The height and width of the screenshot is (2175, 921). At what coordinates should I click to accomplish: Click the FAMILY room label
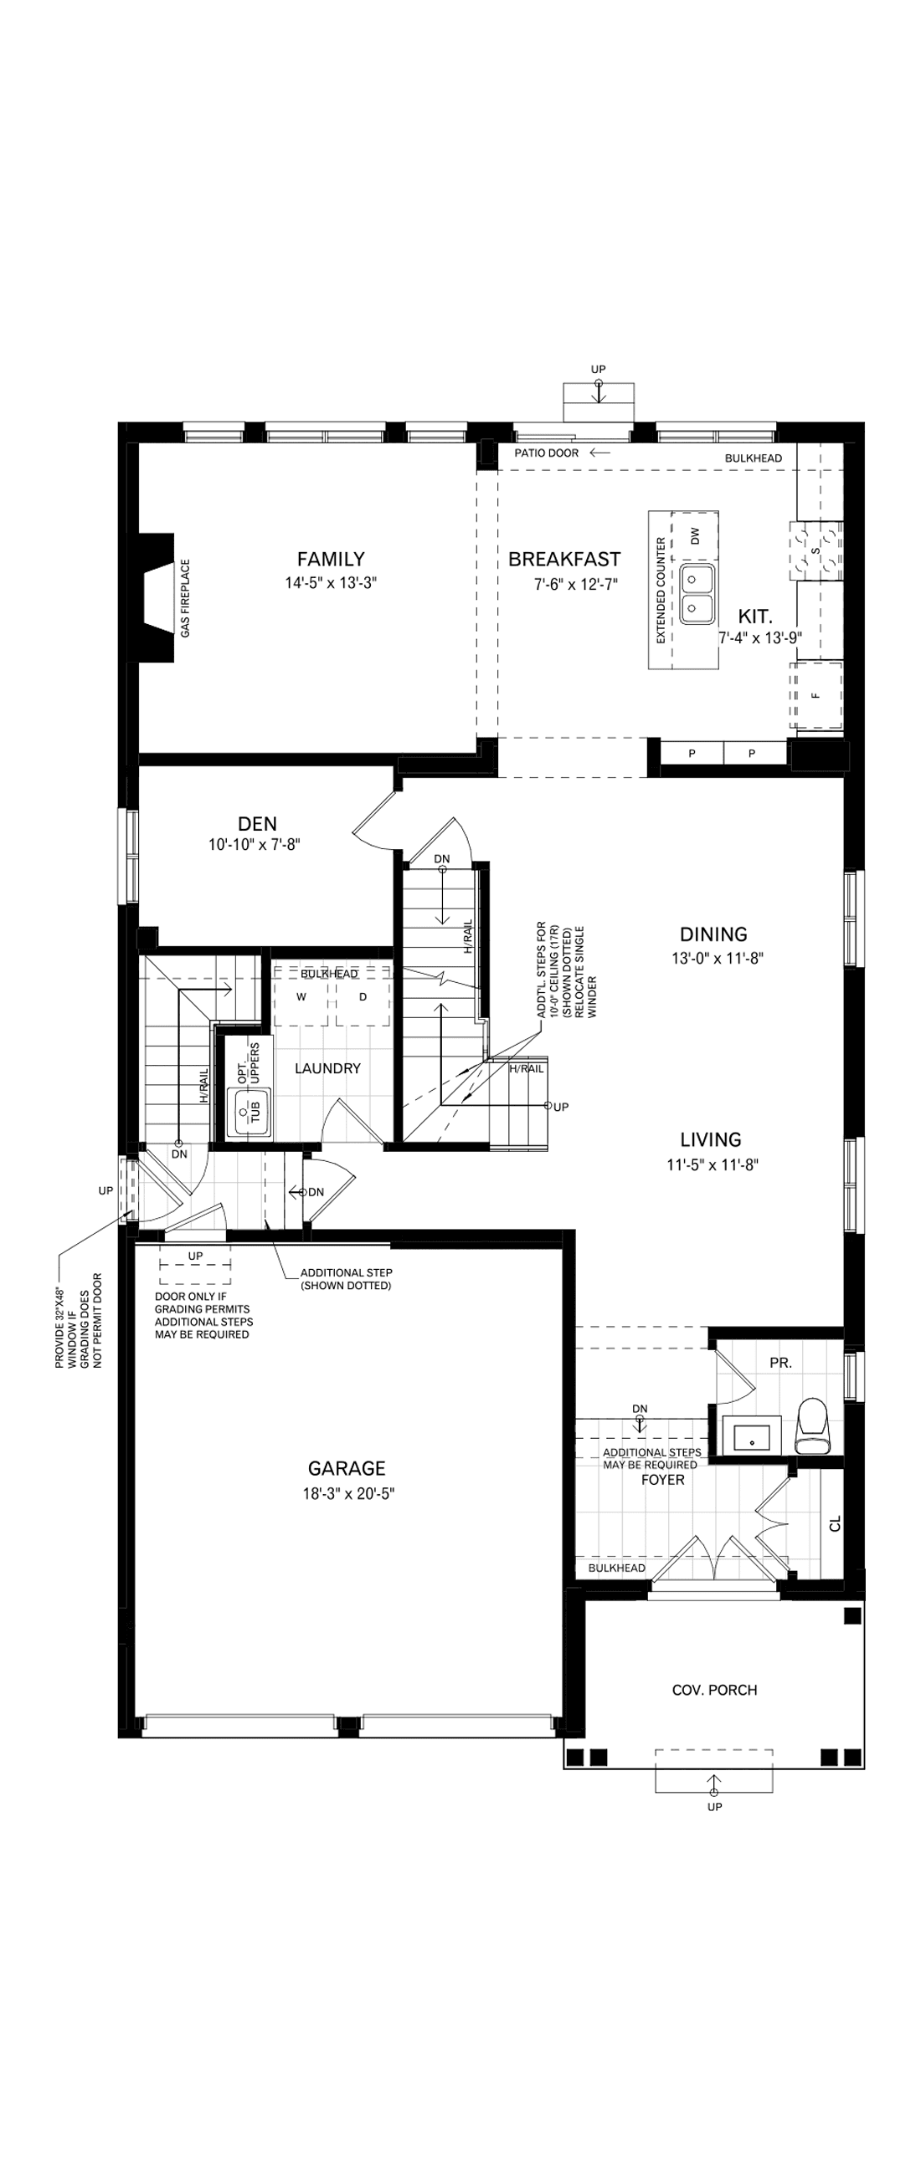click(x=331, y=559)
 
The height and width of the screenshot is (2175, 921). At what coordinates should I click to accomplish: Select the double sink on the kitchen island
click(x=698, y=594)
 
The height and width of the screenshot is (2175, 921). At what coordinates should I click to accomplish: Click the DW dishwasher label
click(x=696, y=535)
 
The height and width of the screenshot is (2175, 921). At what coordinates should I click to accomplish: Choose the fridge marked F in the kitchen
click(x=816, y=696)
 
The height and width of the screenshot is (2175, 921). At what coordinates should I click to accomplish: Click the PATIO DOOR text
click(x=547, y=453)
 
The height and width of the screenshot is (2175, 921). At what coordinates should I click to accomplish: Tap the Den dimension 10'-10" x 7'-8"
click(x=255, y=844)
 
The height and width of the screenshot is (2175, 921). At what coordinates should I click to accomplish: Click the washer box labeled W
click(x=301, y=997)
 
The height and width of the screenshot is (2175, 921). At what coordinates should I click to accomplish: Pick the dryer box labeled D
click(x=363, y=997)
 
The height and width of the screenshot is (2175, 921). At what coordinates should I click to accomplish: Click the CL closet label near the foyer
click(x=835, y=1523)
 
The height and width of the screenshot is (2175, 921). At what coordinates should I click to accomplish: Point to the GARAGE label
click(x=347, y=1468)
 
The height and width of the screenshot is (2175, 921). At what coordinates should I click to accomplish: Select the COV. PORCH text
click(x=714, y=1690)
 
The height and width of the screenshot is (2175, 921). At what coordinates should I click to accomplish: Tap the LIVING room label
click(x=711, y=1140)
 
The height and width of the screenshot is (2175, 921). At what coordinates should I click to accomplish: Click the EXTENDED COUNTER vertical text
click(x=661, y=591)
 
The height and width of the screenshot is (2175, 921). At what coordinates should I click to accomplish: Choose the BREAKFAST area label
click(x=563, y=559)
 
